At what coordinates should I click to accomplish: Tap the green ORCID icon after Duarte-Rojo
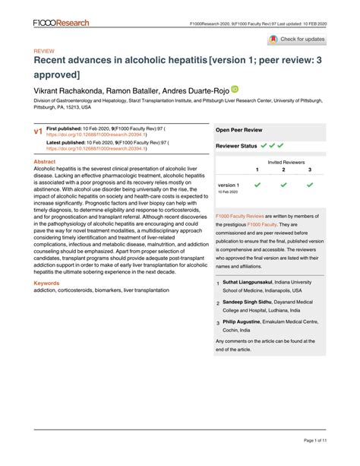click(x=235, y=89)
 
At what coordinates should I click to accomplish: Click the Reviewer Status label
click(x=237, y=144)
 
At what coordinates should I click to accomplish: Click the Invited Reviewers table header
click(x=283, y=162)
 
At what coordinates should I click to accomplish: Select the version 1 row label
click(x=229, y=185)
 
